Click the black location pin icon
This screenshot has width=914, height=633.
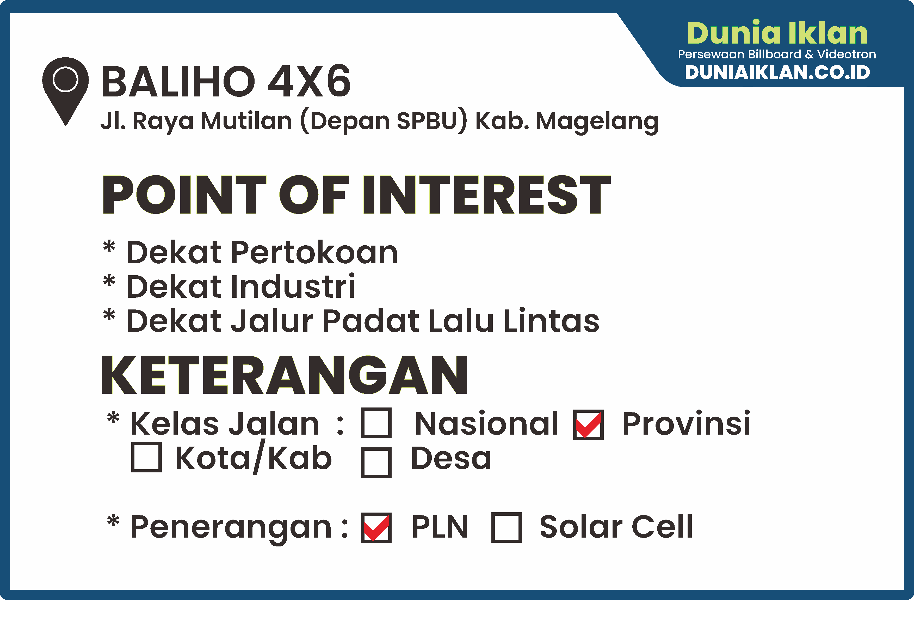point(65,89)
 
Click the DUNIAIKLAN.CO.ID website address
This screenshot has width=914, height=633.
point(777,72)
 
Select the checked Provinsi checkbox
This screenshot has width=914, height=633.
point(588,425)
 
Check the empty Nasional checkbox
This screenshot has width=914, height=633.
point(376,423)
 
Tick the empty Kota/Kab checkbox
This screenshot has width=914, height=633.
point(146,457)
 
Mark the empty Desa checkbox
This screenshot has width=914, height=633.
point(376,462)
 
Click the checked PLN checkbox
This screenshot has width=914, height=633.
point(376,527)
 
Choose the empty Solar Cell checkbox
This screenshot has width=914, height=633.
point(506,527)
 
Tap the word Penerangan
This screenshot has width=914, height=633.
point(231,527)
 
